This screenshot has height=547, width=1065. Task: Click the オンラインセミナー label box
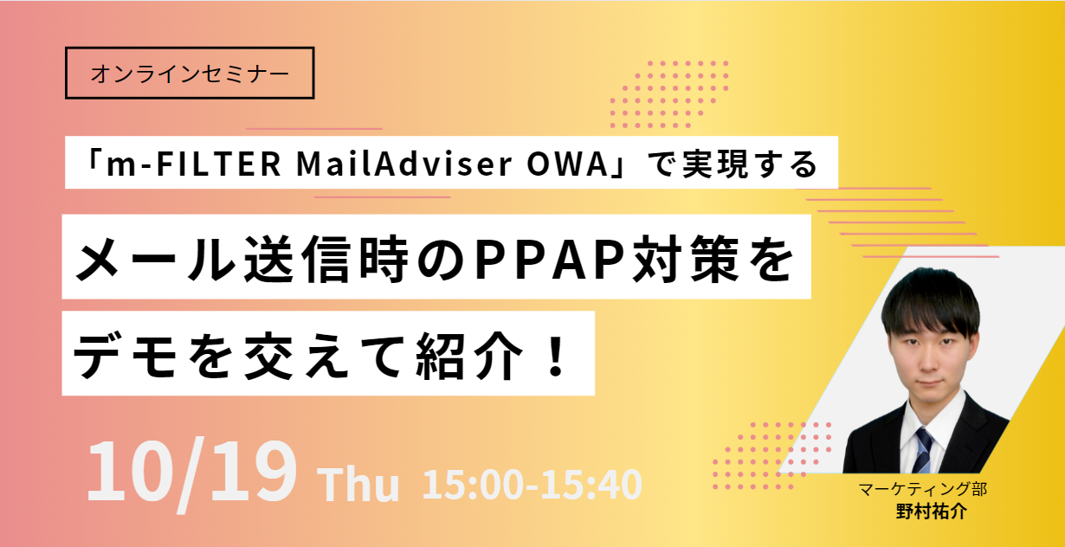[190, 73]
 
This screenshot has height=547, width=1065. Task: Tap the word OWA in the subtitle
[554, 164]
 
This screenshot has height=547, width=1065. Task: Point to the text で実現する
[732, 164]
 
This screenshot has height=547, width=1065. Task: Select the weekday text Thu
[360, 486]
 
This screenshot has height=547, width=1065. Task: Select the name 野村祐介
[931, 511]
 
